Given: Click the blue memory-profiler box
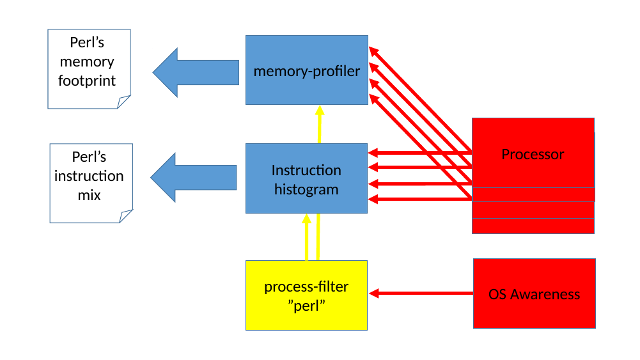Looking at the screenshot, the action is coord(306,70).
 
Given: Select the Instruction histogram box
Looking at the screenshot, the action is coord(306,178).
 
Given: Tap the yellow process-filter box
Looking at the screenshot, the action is coord(306,295).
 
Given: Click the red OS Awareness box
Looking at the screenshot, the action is coord(535,293).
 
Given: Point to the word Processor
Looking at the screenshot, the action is coord(533,154).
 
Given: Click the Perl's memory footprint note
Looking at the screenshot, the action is coord(89,69).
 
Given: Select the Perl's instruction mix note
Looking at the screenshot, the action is coord(91,184).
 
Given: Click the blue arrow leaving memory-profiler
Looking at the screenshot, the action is coord(196,73).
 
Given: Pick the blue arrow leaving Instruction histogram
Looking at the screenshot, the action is coord(194,178).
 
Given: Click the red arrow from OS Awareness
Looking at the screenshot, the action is coord(421,293).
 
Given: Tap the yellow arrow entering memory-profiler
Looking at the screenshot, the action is coord(320,125).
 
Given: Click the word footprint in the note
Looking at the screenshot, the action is coord(87,81).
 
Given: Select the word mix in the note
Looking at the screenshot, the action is coord(89,196).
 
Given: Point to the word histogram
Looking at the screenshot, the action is coord(306,190).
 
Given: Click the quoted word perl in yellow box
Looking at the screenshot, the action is coord(306,306).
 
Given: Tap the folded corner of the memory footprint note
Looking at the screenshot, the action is coord(124,102).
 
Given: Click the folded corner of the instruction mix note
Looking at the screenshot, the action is coord(126,216).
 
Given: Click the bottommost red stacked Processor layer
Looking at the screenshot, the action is coord(533,226).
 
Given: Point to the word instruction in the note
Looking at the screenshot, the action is coord(89,176).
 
